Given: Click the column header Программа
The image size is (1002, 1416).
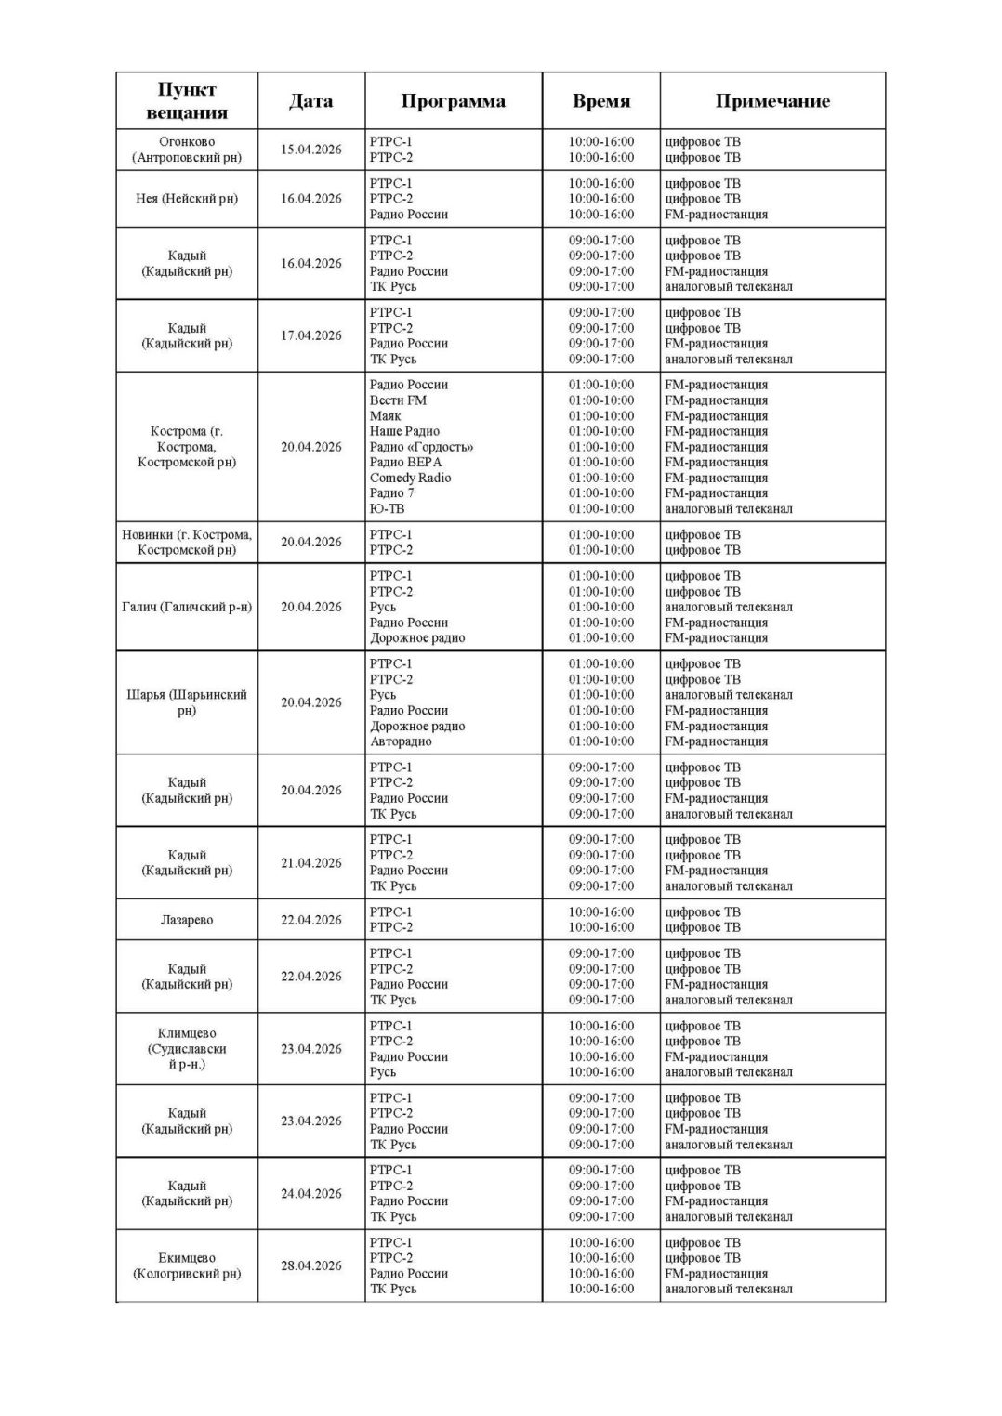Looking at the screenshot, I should tap(453, 101).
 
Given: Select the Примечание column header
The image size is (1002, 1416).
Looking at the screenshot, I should tap(771, 101).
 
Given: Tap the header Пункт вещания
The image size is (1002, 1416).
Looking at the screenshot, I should tap(187, 101).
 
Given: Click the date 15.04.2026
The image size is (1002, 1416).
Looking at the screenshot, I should tap(311, 150).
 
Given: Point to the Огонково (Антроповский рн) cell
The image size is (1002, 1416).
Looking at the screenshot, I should tap(187, 150).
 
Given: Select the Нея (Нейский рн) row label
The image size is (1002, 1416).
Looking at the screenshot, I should tap(187, 199).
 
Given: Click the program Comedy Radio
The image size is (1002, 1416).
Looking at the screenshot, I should tap(410, 478).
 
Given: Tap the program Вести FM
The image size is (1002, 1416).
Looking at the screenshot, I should tap(398, 400).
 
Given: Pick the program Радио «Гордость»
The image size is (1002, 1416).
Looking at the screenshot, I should tap(421, 447).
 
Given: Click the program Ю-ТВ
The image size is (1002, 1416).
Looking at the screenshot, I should tap(387, 508).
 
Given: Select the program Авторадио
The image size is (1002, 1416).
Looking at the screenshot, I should tap(401, 741).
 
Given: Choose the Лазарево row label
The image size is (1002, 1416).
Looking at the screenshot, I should tap(187, 920).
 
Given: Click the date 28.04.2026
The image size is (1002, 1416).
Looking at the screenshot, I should tap(311, 1265).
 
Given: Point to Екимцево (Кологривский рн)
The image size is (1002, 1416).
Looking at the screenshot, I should tap(187, 1265).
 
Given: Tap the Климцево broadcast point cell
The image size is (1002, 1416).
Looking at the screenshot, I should tap(187, 1049).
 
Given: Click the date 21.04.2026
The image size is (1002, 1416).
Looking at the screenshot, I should tap(311, 863).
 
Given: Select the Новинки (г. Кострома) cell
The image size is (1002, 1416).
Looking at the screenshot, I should tap(187, 542).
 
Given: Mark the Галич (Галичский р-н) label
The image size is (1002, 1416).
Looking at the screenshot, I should tap(187, 607).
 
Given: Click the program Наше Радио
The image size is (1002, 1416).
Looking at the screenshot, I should tap(404, 431).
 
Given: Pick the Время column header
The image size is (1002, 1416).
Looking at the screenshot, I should tap(600, 101).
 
